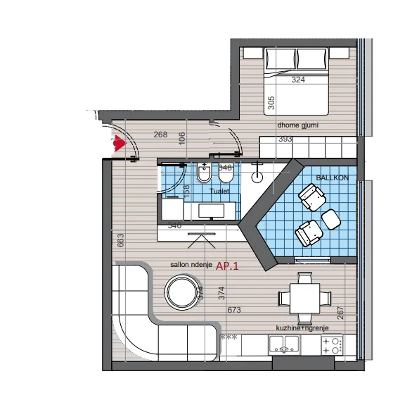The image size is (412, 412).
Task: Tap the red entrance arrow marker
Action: point(119,144)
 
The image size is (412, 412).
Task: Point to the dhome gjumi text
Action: point(298,125)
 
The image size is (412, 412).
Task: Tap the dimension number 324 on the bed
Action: point(299,80)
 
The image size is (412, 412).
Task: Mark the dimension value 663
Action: point(120,241)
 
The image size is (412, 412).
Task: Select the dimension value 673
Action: point(235,310)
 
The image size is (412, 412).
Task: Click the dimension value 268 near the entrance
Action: point(161,135)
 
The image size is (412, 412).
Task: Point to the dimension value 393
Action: point(285,139)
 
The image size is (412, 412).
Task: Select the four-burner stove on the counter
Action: point(331,345)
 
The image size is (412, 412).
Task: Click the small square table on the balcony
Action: point(331,220)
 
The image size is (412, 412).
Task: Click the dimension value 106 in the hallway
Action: point(181,138)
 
